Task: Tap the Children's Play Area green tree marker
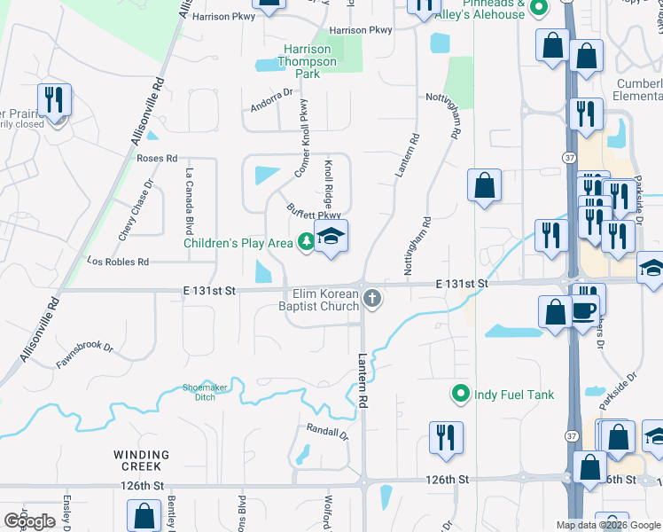(305, 242)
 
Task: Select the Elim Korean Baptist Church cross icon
(372, 300)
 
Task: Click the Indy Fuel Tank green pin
(460, 395)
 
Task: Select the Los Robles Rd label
(117, 262)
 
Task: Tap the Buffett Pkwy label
(314, 213)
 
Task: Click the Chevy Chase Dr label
(136, 209)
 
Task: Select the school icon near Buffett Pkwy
(331, 237)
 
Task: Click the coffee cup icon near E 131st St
(583, 310)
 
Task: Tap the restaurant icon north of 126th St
(445, 436)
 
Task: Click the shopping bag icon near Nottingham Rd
(485, 185)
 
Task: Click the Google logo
(30, 520)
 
